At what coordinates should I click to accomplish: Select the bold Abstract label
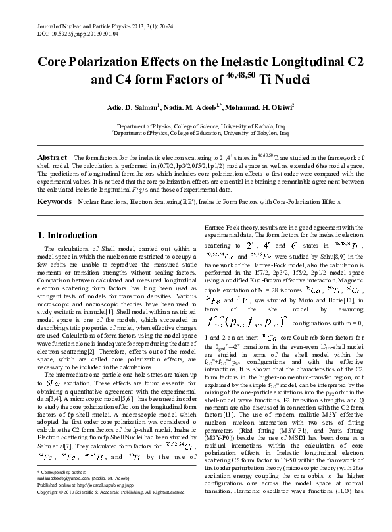click(x=52, y=158)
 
